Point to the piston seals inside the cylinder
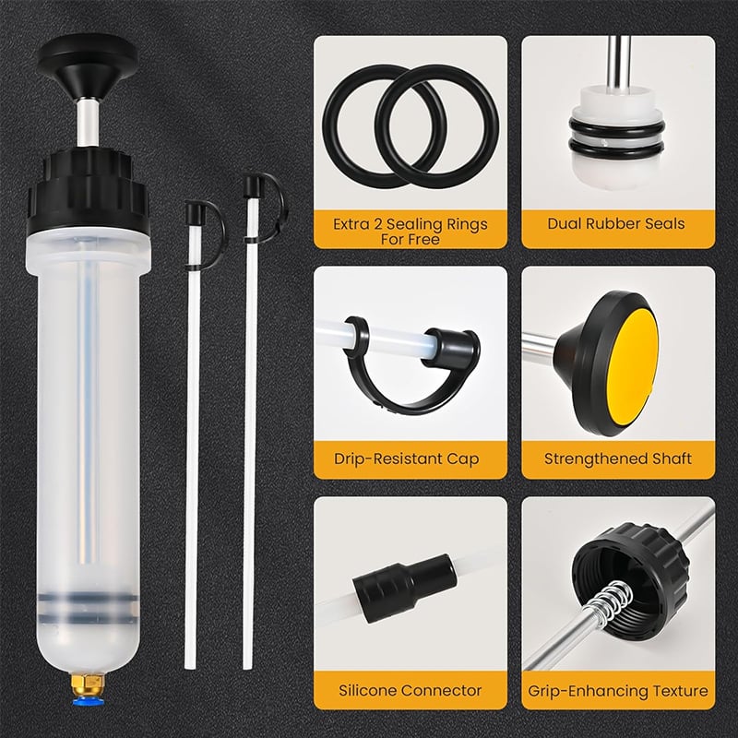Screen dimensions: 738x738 coord(88,603)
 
